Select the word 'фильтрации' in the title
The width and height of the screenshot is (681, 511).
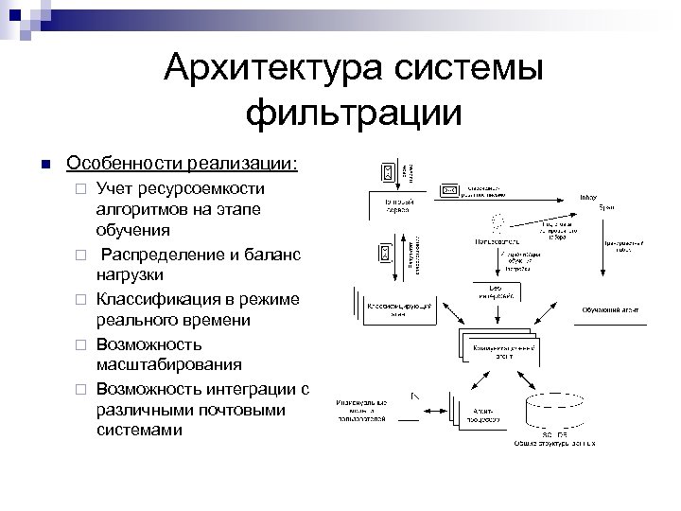click(354, 113)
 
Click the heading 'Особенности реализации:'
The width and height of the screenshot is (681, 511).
click(182, 163)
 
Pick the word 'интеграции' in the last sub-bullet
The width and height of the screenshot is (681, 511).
click(251, 387)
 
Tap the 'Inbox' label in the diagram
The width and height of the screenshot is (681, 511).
click(587, 197)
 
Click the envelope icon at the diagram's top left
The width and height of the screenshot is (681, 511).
click(386, 171)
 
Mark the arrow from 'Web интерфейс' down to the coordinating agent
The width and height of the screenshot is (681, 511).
click(496, 316)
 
